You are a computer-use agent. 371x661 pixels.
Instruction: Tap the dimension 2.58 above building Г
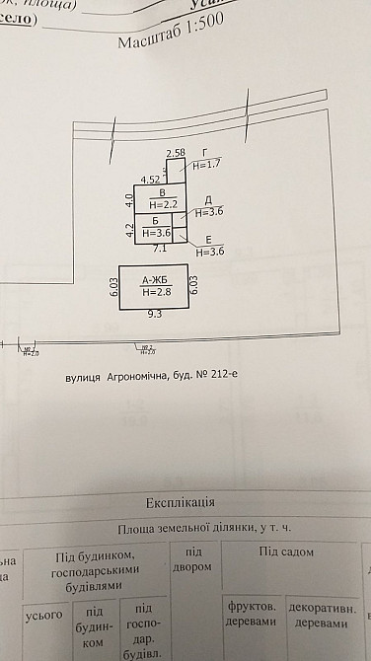(x=176, y=153)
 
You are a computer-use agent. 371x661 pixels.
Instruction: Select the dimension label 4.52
(x=150, y=180)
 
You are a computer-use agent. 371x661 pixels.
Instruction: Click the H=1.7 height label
(x=205, y=167)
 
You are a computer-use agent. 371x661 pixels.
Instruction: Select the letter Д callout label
(x=208, y=199)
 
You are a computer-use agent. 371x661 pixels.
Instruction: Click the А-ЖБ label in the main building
(x=156, y=279)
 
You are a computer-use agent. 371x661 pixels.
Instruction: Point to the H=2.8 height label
(x=157, y=292)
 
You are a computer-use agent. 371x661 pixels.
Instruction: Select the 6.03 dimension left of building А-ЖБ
(x=113, y=287)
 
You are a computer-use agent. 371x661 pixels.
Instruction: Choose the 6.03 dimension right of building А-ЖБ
(x=194, y=287)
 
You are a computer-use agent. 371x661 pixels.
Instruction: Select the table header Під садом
(x=285, y=551)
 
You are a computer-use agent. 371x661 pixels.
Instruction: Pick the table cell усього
(x=43, y=614)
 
